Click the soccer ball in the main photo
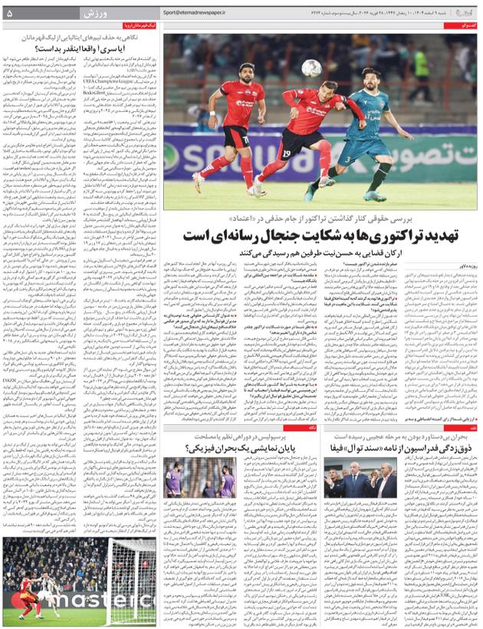(310, 68)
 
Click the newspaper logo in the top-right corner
(463, 13)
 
